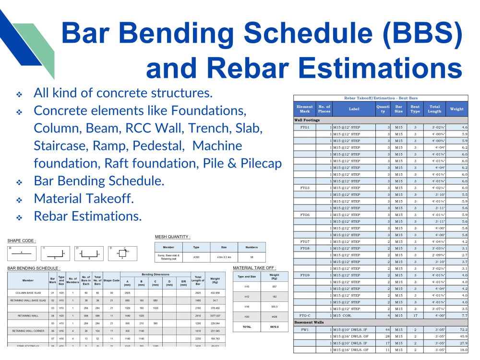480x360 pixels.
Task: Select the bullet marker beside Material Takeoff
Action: [x=19, y=200]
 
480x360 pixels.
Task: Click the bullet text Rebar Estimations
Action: [x=87, y=216]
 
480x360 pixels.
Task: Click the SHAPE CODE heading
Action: [x=21, y=240]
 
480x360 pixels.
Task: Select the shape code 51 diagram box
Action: [x=122, y=253]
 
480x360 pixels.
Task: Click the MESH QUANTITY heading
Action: [x=172, y=237]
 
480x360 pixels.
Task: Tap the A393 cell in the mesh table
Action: [x=196, y=257]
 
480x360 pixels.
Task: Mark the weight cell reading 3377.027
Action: [x=215, y=316]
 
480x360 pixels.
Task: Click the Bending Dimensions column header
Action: [x=156, y=274]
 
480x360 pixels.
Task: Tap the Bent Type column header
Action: [x=415, y=109]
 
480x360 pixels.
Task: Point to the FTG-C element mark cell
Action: [x=305, y=315]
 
